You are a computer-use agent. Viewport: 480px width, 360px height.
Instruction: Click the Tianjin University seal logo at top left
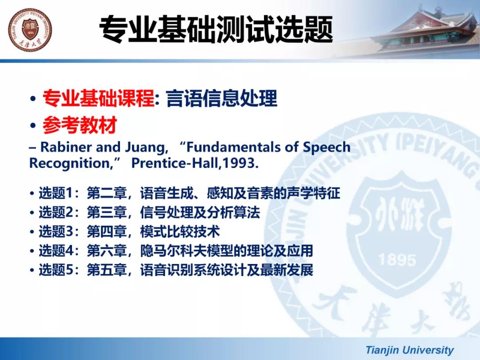30,30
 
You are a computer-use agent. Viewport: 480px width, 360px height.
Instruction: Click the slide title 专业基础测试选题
216,29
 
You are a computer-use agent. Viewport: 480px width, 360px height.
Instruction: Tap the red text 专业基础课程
98,98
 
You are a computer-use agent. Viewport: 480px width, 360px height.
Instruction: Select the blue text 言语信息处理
222,98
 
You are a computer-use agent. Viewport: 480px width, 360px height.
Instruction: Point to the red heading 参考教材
80,125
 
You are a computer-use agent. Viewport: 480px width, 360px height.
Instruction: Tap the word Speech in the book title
327,148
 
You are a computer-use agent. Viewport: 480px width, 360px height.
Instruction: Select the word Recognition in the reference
70,164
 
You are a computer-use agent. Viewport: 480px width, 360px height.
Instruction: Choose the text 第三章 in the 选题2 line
107,212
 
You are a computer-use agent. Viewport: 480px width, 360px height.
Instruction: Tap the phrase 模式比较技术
180,232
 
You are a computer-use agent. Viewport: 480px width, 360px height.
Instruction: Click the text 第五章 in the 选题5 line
107,270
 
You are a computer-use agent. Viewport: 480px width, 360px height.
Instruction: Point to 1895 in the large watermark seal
397,260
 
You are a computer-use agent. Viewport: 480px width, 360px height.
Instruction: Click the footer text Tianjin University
410,350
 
